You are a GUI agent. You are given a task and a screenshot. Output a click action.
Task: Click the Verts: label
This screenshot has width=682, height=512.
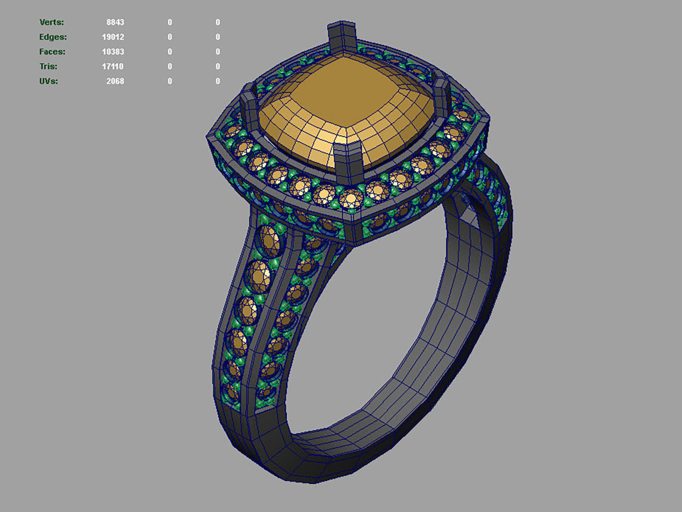click(x=52, y=22)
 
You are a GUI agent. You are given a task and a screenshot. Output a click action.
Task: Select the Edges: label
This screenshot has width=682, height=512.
click(x=53, y=37)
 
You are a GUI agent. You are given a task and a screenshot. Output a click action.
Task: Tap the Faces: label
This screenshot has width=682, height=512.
click(x=52, y=52)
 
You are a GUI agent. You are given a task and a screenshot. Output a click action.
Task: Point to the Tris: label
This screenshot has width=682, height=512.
click(x=48, y=66)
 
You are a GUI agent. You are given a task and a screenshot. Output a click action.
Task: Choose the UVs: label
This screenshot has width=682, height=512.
click(x=49, y=81)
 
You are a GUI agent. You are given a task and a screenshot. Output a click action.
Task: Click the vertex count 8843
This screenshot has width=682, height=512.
click(x=115, y=22)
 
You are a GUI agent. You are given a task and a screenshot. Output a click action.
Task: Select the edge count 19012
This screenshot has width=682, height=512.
click(x=113, y=37)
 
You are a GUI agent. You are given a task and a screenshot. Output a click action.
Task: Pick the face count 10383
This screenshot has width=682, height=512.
click(x=113, y=52)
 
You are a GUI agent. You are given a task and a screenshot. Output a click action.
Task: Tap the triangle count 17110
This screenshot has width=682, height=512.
click(x=113, y=66)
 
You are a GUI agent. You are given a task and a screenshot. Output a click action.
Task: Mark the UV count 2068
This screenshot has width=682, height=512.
click(x=115, y=81)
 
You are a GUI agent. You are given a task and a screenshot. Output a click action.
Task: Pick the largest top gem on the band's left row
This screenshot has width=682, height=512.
click(x=269, y=241)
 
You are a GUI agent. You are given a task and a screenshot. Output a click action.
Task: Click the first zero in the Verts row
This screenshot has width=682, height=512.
click(x=170, y=22)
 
